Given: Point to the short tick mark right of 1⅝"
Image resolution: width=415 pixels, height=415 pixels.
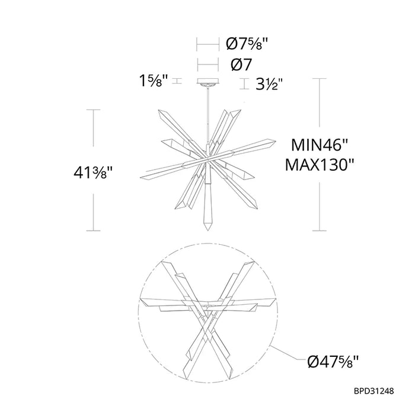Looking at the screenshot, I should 177,82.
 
